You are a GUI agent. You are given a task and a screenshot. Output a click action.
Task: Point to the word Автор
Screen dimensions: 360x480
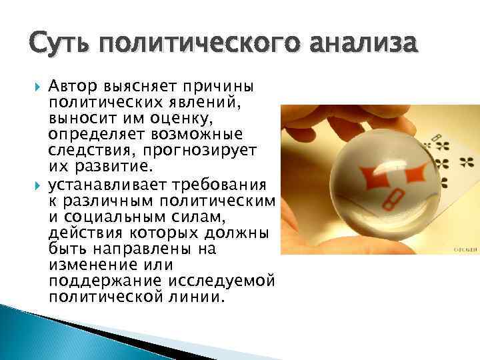point(74,87)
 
